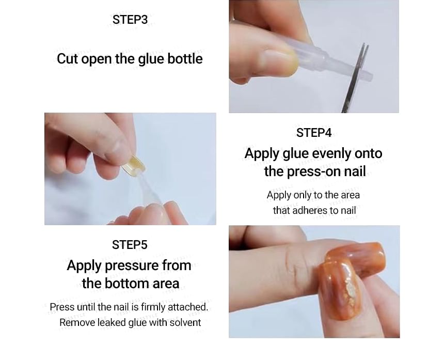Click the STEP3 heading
[130, 20]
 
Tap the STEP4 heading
[314, 133]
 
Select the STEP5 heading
[130, 245]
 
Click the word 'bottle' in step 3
[185, 59]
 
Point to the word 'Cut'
[66, 59]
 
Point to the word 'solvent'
[185, 323]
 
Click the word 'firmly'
[154, 307]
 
